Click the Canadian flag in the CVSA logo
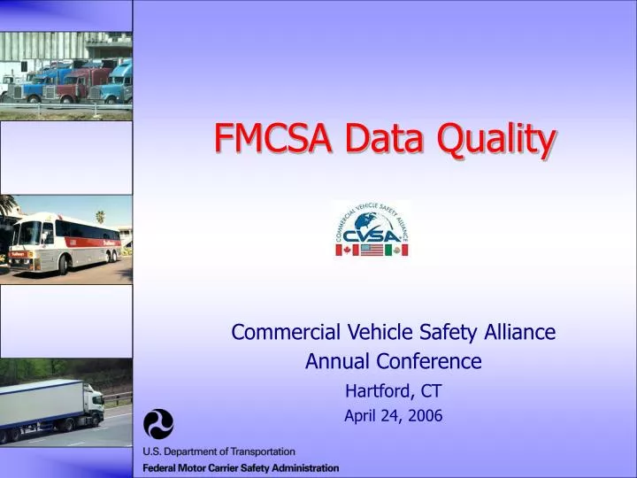tap(347, 251)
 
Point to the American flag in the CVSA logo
tap(372, 251)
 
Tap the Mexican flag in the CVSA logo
tap(395, 251)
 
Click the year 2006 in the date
tap(426, 415)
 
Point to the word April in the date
tap(359, 415)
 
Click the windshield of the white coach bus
tap(28, 234)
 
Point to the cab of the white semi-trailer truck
tap(93, 405)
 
